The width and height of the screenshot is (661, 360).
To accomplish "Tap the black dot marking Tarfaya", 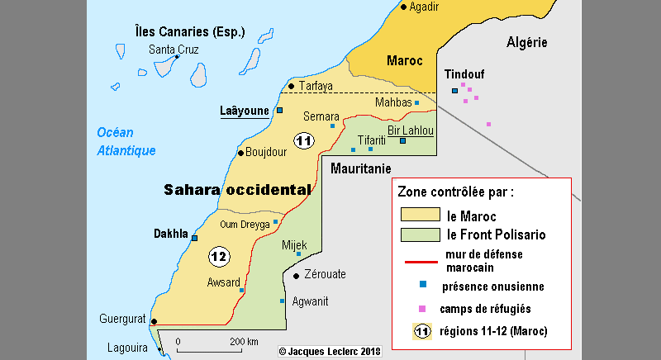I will (x=291, y=86).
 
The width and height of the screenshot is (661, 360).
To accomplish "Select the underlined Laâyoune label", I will (x=244, y=111).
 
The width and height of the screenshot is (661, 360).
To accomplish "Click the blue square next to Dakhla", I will (x=195, y=238).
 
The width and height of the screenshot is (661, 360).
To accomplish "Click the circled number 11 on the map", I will (x=303, y=140).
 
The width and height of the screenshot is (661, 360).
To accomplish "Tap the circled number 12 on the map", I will (x=218, y=257).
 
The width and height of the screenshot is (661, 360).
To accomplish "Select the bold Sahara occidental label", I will (x=237, y=189).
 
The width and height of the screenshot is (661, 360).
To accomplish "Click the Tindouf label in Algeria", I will (x=464, y=73).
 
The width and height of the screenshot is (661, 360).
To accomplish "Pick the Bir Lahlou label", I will (x=410, y=130).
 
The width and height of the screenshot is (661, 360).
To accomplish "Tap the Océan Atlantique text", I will (x=126, y=141).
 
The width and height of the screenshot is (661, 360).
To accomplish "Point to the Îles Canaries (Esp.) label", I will (x=190, y=32).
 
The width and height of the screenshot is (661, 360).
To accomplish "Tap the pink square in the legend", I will (x=422, y=309).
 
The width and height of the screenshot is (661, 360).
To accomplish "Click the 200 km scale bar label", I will (x=244, y=341).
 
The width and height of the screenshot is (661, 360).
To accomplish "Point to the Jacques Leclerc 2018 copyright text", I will (x=330, y=351).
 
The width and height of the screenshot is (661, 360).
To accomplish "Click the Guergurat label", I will (x=122, y=319).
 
